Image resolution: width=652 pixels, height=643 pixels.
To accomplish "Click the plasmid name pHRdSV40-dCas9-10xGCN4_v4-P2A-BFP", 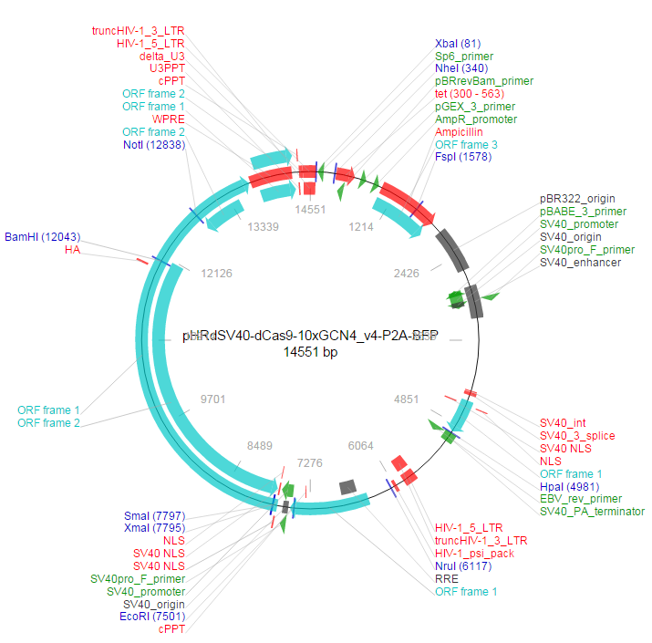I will coord(310,336).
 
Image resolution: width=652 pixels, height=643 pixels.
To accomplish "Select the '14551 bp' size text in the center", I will coord(310,351).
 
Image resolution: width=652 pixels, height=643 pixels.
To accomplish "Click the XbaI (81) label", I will coord(458,43).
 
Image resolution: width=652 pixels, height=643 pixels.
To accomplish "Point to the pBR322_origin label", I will coord(577,198).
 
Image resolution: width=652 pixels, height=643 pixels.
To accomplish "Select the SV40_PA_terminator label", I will coord(592,512).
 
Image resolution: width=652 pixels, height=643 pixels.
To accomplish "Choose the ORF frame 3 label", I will coord(466,145).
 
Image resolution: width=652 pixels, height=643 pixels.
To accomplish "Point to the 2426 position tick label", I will coord(406,273).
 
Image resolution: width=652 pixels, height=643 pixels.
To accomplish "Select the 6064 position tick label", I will coord(361,445).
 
